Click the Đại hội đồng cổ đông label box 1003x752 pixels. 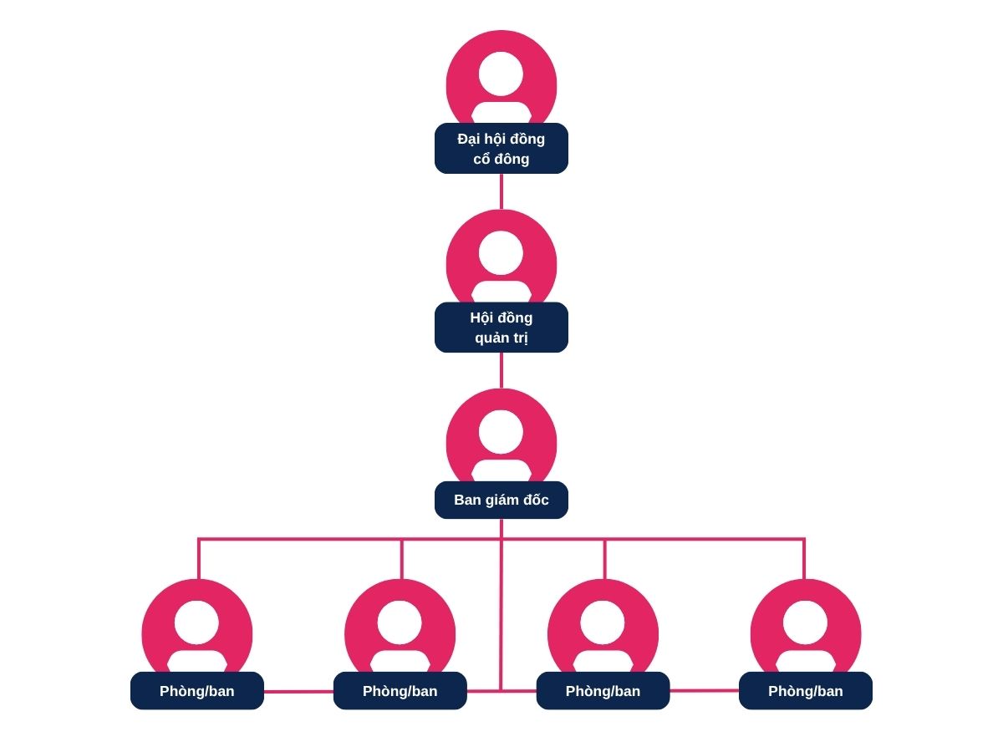click(x=501, y=148)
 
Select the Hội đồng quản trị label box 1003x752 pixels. click(x=501, y=327)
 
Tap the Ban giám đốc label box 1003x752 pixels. click(x=501, y=500)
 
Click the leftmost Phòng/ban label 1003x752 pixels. click(x=197, y=691)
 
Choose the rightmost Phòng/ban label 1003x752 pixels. click(x=806, y=691)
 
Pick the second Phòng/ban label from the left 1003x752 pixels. click(x=400, y=691)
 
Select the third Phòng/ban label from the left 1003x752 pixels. click(x=603, y=691)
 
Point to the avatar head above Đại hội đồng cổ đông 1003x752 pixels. click(x=501, y=74)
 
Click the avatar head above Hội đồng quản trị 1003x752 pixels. click(x=501, y=252)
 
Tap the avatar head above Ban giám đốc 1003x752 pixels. click(x=501, y=431)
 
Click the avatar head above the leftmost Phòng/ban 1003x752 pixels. click(x=197, y=622)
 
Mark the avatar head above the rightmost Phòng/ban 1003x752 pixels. click(x=805, y=622)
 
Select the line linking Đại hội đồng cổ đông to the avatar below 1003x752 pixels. click(x=501, y=191)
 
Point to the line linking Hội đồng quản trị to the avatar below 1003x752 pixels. click(x=501, y=370)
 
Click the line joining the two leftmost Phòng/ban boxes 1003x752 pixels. click(x=298, y=692)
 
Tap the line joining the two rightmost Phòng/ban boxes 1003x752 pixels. click(x=704, y=691)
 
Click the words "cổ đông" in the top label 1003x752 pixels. click(x=501, y=159)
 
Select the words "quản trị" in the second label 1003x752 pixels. click(x=501, y=338)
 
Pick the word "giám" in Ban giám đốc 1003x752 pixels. click(x=505, y=500)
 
